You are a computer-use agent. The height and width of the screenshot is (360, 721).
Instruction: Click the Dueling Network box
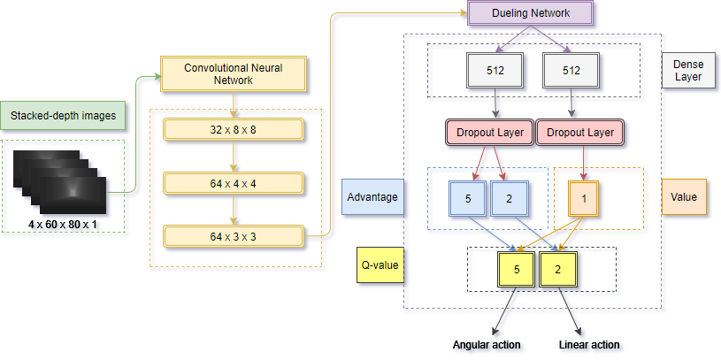(531, 12)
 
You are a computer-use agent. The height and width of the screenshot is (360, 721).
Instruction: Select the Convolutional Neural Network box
(234, 73)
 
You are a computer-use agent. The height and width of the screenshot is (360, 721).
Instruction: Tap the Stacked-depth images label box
(63, 115)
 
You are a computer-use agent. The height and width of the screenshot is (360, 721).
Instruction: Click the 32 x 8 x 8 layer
(234, 130)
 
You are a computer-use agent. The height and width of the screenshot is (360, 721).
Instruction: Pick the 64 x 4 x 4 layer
(234, 183)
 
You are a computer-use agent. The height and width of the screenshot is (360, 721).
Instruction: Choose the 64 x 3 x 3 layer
(234, 237)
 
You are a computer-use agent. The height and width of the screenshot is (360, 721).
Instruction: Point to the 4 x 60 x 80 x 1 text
(64, 225)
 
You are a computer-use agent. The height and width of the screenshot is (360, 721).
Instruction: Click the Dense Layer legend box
(688, 71)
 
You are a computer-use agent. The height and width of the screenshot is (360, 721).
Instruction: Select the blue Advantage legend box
(372, 196)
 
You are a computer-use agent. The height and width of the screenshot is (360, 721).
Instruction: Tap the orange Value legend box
(684, 196)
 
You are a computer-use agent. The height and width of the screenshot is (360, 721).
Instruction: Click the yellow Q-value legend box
(380, 264)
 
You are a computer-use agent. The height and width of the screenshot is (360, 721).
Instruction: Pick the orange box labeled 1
(584, 199)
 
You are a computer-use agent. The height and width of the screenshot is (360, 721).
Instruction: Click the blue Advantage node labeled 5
(468, 199)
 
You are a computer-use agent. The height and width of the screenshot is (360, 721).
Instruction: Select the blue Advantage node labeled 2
(509, 199)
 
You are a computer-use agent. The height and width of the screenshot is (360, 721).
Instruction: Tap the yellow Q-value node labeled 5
(517, 270)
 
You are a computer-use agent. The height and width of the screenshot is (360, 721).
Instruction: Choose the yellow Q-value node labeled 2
(557, 270)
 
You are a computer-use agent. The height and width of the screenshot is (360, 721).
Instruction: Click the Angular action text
(487, 345)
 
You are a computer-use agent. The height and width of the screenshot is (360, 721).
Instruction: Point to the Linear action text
(589, 345)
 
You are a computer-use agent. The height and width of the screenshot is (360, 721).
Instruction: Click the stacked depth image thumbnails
(60, 181)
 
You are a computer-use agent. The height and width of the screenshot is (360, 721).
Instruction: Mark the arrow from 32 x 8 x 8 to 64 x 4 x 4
(234, 157)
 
